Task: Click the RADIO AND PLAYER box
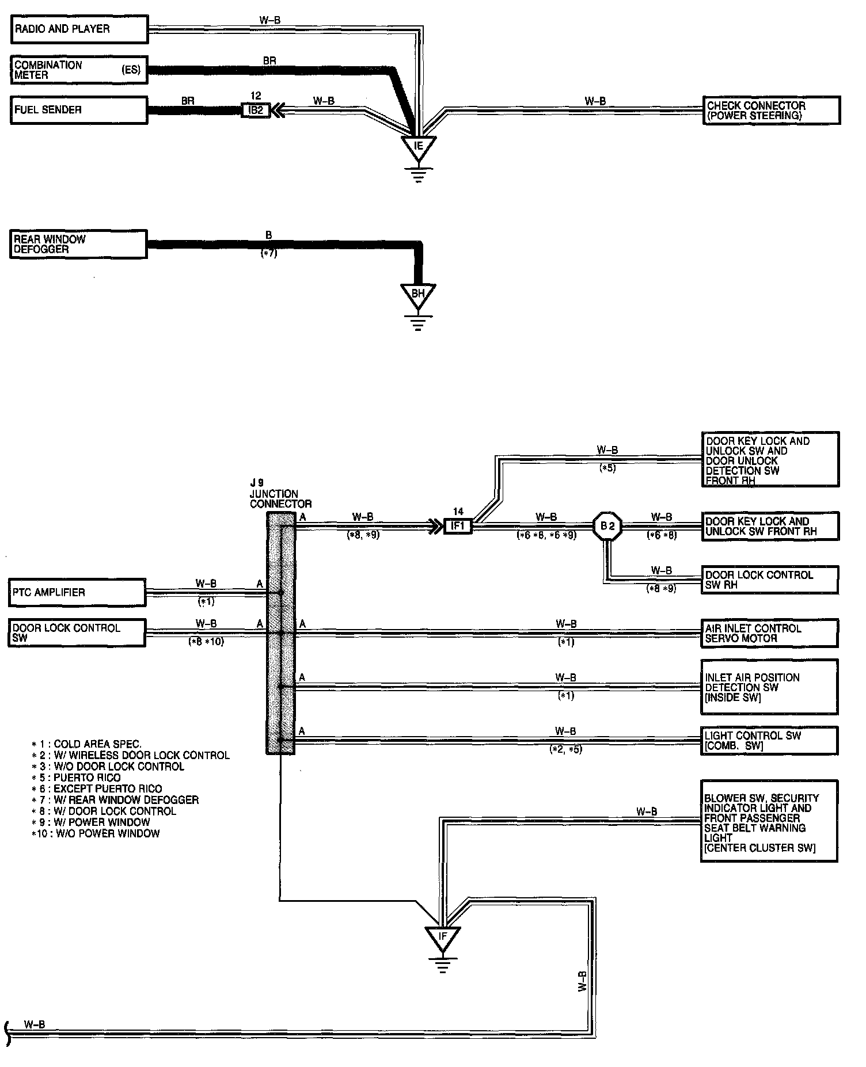point(79,29)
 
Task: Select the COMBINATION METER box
point(79,70)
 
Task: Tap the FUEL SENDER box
point(79,110)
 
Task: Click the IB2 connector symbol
point(256,110)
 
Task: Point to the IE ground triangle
point(419,147)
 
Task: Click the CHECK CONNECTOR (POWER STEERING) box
point(772,110)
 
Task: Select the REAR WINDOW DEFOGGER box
point(78,244)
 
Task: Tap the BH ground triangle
point(418,295)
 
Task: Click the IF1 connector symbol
point(458,526)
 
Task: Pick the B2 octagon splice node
point(607,526)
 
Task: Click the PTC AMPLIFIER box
point(77,593)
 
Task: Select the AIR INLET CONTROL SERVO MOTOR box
point(770,633)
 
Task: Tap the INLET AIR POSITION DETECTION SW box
point(770,687)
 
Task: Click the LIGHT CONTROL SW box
point(770,741)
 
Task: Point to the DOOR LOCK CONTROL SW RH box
point(770,580)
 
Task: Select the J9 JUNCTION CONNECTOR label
point(280,494)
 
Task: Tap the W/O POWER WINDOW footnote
point(96,833)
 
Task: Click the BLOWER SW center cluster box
point(770,821)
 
